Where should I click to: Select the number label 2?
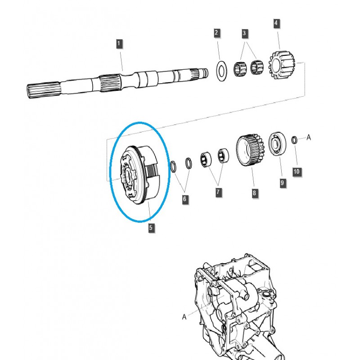pyautogui.click(x=216, y=33)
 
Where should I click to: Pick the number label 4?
pyautogui.click(x=276, y=22)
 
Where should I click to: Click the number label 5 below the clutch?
pyautogui.click(x=151, y=228)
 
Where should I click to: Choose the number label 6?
pyautogui.click(x=185, y=199)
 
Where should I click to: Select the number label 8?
pyautogui.click(x=254, y=193)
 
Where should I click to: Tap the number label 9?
pyautogui.click(x=282, y=183)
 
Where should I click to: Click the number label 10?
pyautogui.click(x=296, y=171)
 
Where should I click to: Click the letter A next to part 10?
pyautogui.click(x=309, y=138)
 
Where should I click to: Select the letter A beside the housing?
pyautogui.click(x=184, y=317)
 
